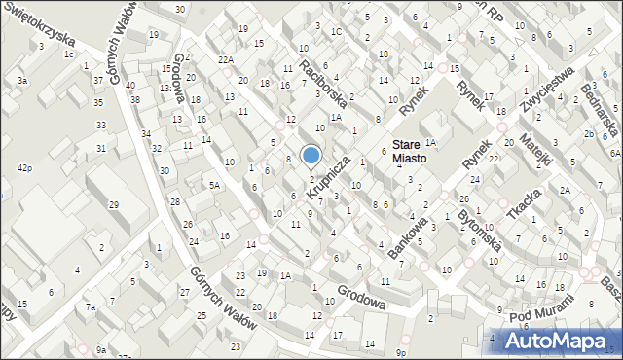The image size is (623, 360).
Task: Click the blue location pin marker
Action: (311, 156)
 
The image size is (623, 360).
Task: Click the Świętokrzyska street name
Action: (39, 20)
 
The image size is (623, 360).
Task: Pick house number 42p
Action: (24, 168)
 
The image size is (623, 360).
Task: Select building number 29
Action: (114, 204)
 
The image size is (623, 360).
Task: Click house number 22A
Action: (226, 60)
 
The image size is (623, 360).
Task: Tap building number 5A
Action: (215, 184)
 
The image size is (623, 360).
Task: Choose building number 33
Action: (101, 125)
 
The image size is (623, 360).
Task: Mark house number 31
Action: (101, 148)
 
